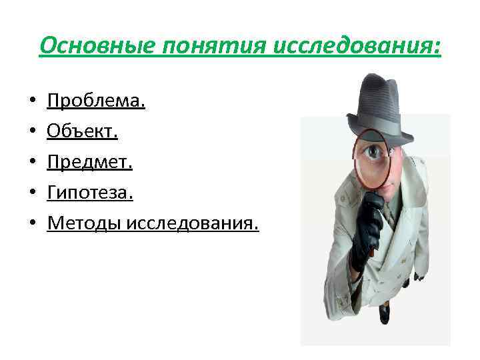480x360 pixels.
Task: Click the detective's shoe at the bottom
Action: pos(385,314)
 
